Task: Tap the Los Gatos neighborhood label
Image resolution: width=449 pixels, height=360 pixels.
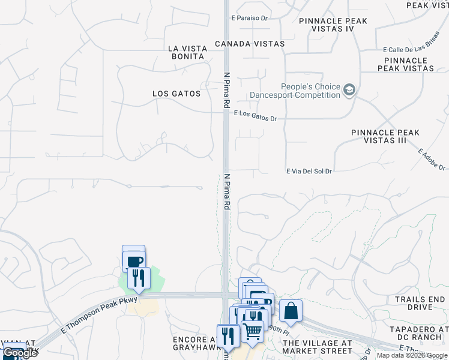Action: click(x=176, y=94)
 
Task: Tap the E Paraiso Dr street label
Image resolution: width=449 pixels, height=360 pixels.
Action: click(x=249, y=18)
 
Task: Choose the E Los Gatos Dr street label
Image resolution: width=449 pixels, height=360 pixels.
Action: click(x=256, y=115)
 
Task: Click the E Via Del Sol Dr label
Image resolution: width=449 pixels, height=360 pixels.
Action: click(x=309, y=171)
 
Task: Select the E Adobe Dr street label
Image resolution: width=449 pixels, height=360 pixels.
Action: click(x=431, y=159)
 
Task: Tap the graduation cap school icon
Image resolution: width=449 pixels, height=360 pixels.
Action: click(x=349, y=91)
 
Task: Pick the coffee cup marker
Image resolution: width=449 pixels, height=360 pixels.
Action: click(x=134, y=261)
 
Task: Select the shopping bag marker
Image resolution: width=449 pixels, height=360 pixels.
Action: click(x=291, y=311)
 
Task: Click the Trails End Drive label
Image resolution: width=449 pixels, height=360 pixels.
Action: click(x=422, y=303)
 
